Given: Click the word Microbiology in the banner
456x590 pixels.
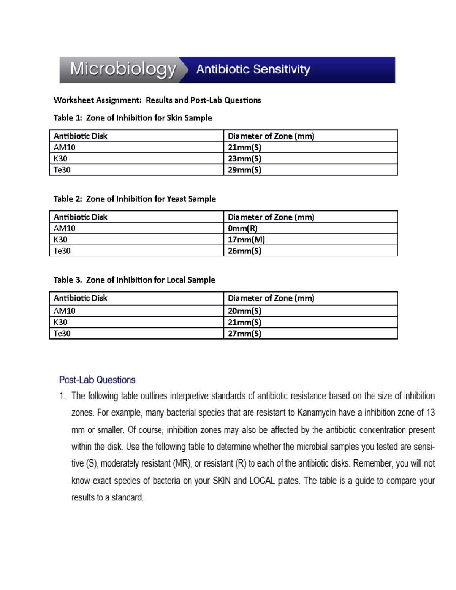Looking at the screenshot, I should (x=123, y=70).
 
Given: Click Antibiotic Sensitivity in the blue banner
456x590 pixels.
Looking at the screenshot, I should (x=253, y=70).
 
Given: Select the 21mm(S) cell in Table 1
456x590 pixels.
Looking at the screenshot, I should (x=244, y=147).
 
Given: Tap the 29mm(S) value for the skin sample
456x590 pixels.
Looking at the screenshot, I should (x=244, y=170).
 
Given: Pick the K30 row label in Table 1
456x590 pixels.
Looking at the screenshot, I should (x=60, y=158).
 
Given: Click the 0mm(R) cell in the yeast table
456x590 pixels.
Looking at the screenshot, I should (x=242, y=228).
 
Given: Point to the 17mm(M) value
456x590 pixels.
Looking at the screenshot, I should (x=246, y=240).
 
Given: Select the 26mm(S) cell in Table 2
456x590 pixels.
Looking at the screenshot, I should (x=244, y=251).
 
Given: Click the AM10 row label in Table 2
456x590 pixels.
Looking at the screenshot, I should (x=64, y=228).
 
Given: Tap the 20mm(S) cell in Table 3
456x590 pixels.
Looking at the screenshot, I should (x=244, y=311).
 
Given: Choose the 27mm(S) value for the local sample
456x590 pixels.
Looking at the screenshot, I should (x=244, y=334).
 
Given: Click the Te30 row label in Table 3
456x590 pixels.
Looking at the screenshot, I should (x=62, y=334).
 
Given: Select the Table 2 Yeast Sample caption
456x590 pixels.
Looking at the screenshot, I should (x=135, y=199).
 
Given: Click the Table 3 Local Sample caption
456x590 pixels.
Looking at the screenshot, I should (x=134, y=280).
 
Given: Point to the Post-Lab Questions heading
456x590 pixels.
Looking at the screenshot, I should (x=97, y=380).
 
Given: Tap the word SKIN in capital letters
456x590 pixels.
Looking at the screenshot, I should (x=222, y=481).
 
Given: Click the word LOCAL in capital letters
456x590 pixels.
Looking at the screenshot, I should (x=262, y=481).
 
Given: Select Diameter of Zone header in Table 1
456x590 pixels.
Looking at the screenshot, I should (x=271, y=136).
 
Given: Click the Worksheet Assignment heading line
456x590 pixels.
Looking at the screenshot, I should (x=157, y=100).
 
